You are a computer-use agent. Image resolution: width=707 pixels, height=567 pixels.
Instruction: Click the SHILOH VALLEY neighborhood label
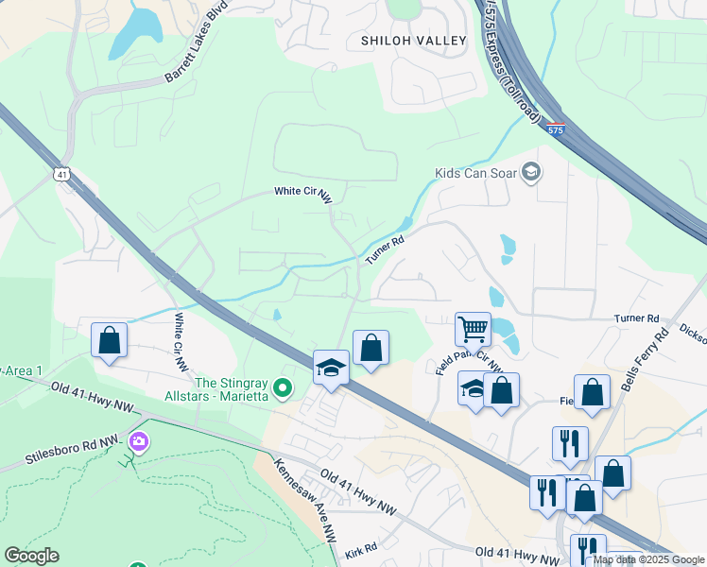(414, 41)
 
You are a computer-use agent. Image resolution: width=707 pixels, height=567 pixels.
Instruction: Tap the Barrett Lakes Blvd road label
(198, 48)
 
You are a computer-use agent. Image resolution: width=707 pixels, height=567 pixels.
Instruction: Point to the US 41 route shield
(60, 175)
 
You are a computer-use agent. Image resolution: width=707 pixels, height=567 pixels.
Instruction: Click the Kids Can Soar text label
(477, 173)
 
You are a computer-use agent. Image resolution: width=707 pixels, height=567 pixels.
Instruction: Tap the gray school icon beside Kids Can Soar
(532, 172)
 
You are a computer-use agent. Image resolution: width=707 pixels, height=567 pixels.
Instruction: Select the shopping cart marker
(473, 330)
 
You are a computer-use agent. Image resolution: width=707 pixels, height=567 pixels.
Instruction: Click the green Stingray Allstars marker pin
(281, 387)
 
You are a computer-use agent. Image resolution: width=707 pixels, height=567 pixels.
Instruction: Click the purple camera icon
(139, 441)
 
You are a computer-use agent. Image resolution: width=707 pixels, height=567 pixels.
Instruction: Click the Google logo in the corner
(31, 556)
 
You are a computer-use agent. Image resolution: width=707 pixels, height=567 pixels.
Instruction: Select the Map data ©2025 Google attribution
(648, 559)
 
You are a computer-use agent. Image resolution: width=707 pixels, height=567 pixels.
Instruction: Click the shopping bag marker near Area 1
(109, 341)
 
